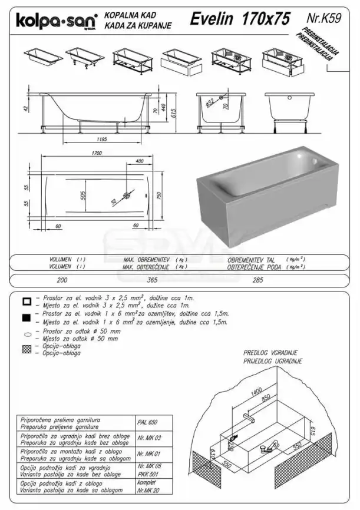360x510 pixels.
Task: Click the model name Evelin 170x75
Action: click(x=240, y=19)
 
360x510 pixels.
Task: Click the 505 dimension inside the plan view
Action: click(x=83, y=195)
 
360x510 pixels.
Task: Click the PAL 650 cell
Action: click(x=144, y=423)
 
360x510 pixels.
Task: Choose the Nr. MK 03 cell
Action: click(x=146, y=439)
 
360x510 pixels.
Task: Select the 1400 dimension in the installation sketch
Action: click(x=255, y=391)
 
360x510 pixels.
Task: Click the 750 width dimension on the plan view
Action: click(x=159, y=196)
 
